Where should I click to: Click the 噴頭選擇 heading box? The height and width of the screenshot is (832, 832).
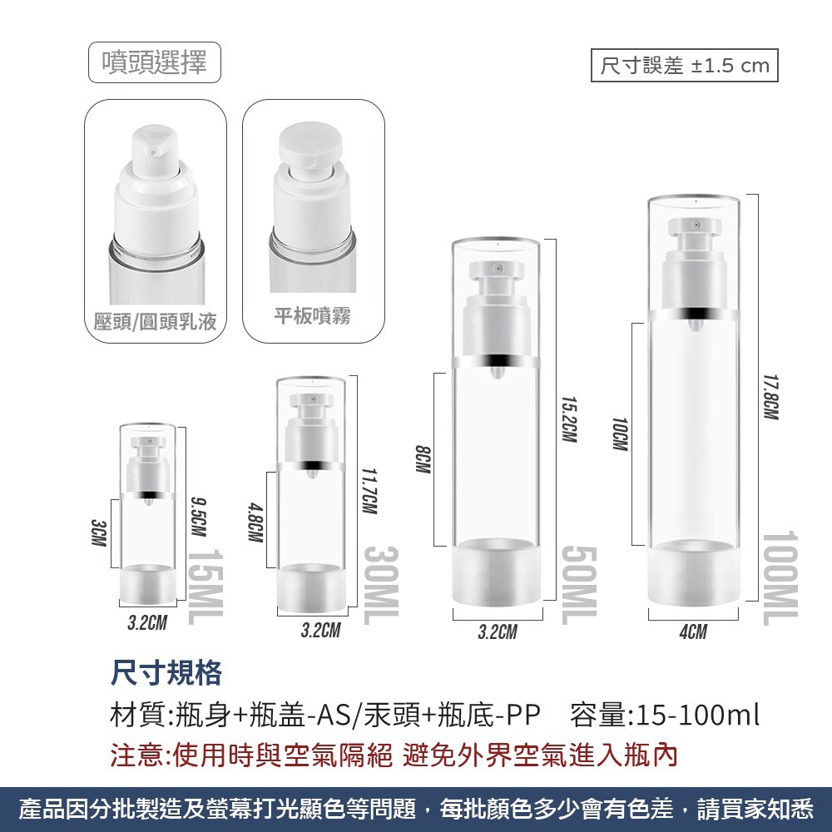click(155, 62)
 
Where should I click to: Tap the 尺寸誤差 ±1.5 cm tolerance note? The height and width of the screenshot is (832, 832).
click(684, 66)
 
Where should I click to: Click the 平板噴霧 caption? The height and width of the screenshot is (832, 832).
click(313, 315)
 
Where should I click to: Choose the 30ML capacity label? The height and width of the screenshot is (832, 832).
click(381, 586)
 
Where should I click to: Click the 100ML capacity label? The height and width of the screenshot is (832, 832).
click(779, 577)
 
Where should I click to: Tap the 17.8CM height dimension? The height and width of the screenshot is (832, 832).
click(770, 396)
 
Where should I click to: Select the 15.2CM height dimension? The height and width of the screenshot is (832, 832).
click(568, 418)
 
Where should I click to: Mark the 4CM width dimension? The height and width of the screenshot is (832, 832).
click(693, 632)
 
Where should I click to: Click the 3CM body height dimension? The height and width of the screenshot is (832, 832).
click(98, 532)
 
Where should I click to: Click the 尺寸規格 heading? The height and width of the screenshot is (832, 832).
click(166, 673)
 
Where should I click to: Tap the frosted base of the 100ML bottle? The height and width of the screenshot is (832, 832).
click(693, 573)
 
